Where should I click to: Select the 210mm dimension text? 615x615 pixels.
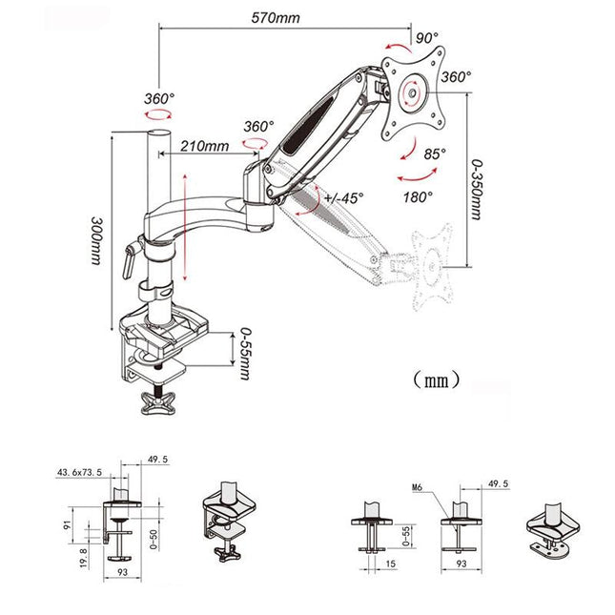point(203,146)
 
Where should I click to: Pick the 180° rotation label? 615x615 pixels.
point(418,195)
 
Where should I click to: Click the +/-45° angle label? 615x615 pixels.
point(341,198)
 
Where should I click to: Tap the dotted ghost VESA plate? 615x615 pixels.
point(436,266)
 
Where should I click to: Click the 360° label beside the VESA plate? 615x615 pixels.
point(456,76)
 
